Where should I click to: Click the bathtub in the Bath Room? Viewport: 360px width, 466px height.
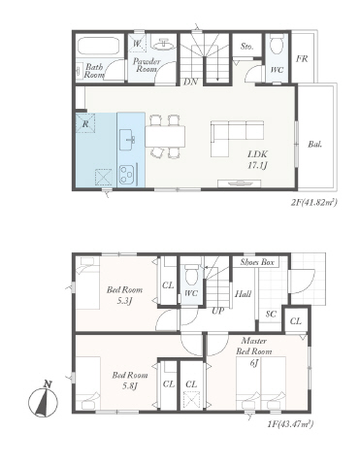[x=99, y=46]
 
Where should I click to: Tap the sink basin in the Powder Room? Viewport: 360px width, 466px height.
[x=163, y=45]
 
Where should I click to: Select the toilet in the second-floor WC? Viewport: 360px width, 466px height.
[x=277, y=47]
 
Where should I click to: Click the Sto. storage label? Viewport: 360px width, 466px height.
[x=246, y=47]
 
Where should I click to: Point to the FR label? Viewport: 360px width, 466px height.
[x=302, y=59]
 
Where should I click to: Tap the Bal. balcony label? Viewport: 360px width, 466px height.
[x=314, y=145]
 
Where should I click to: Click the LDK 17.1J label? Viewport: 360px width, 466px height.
[x=258, y=160]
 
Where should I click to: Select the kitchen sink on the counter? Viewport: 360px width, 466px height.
[x=128, y=140]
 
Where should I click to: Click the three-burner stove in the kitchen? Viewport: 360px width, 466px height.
[x=127, y=175]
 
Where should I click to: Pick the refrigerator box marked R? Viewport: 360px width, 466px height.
[x=85, y=123]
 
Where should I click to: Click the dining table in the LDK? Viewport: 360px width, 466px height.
[x=165, y=137]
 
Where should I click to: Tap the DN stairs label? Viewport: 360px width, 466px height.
[x=191, y=82]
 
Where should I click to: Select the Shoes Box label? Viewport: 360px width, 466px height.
[x=257, y=262]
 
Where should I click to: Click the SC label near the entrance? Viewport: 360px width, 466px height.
[x=271, y=314]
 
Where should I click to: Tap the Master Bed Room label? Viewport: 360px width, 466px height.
[x=253, y=346]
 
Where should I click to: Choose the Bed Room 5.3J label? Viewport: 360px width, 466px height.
[x=124, y=294]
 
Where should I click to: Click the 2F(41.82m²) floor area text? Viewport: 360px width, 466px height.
[x=313, y=203]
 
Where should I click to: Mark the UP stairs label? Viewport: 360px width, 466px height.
[x=218, y=311]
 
